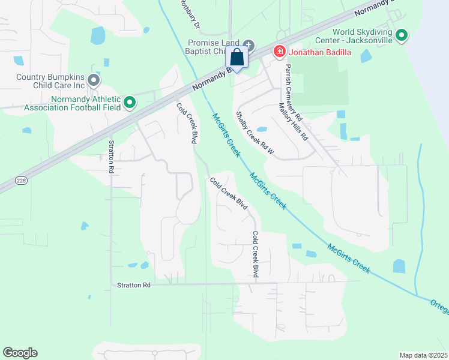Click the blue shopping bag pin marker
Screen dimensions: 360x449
(237, 59)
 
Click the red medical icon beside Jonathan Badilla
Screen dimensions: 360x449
(279, 52)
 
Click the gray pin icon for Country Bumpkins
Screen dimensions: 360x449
(93, 79)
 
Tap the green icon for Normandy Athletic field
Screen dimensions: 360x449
(130, 103)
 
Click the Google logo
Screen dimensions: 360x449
(20, 353)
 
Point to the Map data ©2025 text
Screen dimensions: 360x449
(423, 355)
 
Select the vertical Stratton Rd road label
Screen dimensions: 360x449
(111, 157)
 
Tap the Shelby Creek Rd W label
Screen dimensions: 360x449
(255, 133)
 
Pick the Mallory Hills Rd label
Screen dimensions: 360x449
(293, 121)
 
